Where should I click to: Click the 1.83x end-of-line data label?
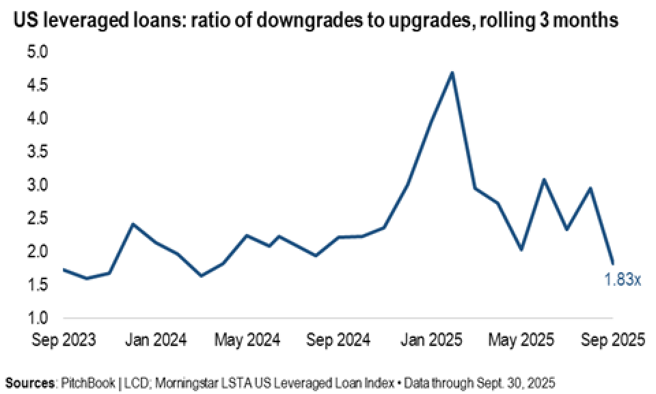[623, 279]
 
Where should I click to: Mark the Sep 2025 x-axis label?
[612, 339]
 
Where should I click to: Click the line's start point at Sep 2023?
[64, 270]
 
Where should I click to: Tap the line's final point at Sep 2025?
[613, 263]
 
